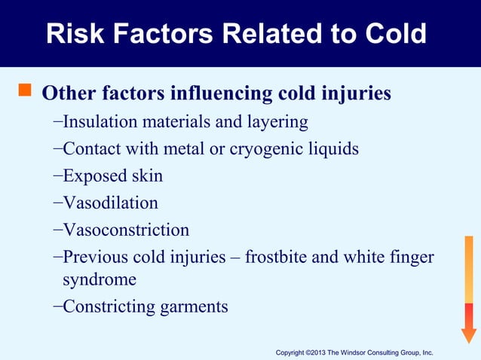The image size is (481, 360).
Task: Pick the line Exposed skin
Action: [x=112, y=176]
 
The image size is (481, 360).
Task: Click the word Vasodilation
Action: [x=110, y=203]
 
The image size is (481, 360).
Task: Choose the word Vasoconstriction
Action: [x=126, y=230]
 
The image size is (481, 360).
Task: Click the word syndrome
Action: [x=100, y=280]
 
